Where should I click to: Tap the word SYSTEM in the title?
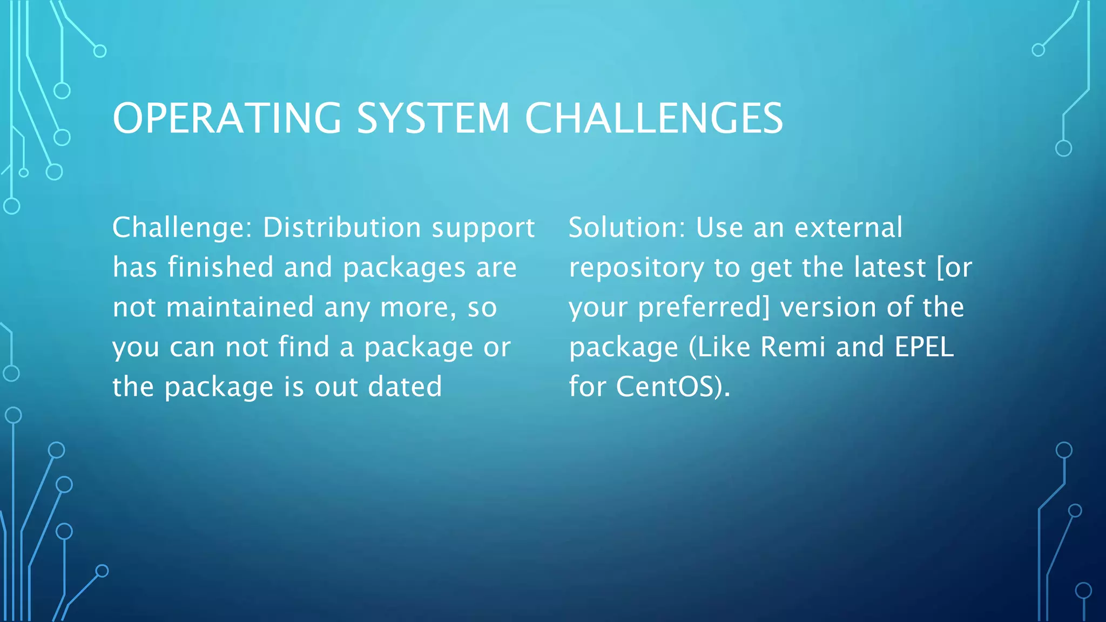[x=433, y=118]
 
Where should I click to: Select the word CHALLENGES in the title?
[x=653, y=118]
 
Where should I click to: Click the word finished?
[x=220, y=267]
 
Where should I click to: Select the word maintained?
[x=240, y=307]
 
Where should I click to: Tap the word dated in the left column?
[x=404, y=387]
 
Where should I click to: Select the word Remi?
[x=793, y=347]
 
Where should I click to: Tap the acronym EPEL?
[x=924, y=347]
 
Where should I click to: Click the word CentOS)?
[x=673, y=387]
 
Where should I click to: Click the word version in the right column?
[x=828, y=307]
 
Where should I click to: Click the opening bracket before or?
[x=940, y=268]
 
